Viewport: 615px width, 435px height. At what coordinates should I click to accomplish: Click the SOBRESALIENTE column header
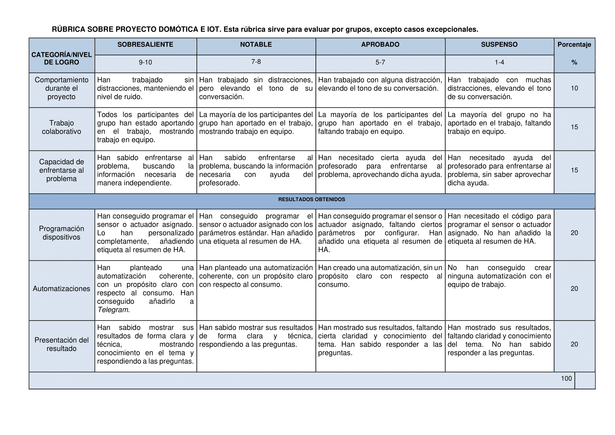145,44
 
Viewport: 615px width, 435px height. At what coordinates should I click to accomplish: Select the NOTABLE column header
256,44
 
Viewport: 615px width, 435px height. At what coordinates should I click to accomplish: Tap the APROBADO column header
380,44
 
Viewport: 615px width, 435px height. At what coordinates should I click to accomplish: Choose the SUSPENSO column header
499,44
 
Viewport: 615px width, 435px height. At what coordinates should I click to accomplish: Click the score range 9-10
145,62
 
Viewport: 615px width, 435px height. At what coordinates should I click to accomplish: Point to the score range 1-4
499,62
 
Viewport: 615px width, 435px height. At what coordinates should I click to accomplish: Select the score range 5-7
380,62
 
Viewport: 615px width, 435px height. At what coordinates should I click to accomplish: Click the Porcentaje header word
574,45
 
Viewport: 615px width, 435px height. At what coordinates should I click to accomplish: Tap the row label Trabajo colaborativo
61,127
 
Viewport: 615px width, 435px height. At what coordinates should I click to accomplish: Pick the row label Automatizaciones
61,289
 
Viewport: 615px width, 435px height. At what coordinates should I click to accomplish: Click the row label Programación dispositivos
61,233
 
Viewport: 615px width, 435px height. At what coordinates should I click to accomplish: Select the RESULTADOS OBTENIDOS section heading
312,199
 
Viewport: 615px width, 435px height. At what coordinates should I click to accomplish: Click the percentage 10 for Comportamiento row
574,88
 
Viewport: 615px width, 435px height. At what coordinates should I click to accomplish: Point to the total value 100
566,378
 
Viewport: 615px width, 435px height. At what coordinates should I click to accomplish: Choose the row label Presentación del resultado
61,344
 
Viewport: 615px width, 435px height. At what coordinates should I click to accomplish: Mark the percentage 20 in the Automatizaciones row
574,289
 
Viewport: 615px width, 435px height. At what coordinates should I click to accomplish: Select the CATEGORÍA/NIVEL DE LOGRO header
61,58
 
